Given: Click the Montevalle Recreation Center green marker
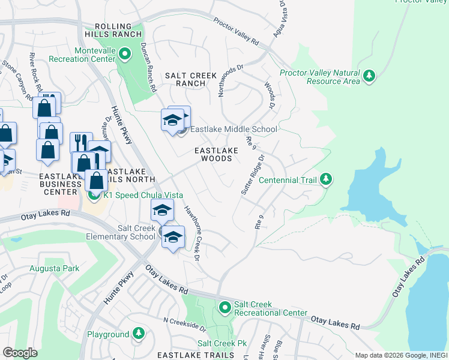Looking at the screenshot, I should click(x=125, y=55).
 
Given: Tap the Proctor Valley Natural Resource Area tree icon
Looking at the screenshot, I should click(x=370, y=76).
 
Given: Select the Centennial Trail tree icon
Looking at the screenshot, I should click(x=325, y=179).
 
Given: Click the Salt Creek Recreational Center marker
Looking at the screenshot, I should click(x=225, y=308).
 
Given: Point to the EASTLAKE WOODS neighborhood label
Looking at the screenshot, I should click(x=212, y=154).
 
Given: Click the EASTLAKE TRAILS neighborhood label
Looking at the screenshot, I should click(x=196, y=355).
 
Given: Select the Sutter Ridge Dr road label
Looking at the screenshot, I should click(x=253, y=175).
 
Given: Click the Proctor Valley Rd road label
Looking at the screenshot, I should click(x=236, y=32).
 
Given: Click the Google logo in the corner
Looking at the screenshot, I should click(x=20, y=353).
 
